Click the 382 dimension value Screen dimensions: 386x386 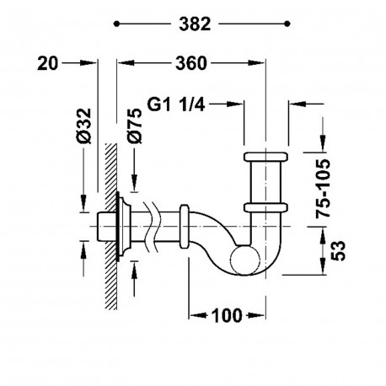click(x=195, y=24)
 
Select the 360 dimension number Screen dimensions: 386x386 click(x=191, y=63)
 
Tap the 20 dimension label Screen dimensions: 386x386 click(x=47, y=63)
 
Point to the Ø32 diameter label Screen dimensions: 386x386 click(x=85, y=126)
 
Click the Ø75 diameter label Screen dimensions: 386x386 click(x=135, y=126)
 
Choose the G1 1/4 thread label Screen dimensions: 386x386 click(x=176, y=105)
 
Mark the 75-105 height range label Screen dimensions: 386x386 click(x=323, y=189)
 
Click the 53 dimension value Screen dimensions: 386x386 click(x=338, y=251)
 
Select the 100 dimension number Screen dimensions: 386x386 click(x=227, y=315)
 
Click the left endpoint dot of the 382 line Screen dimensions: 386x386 click(x=116, y=24)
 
